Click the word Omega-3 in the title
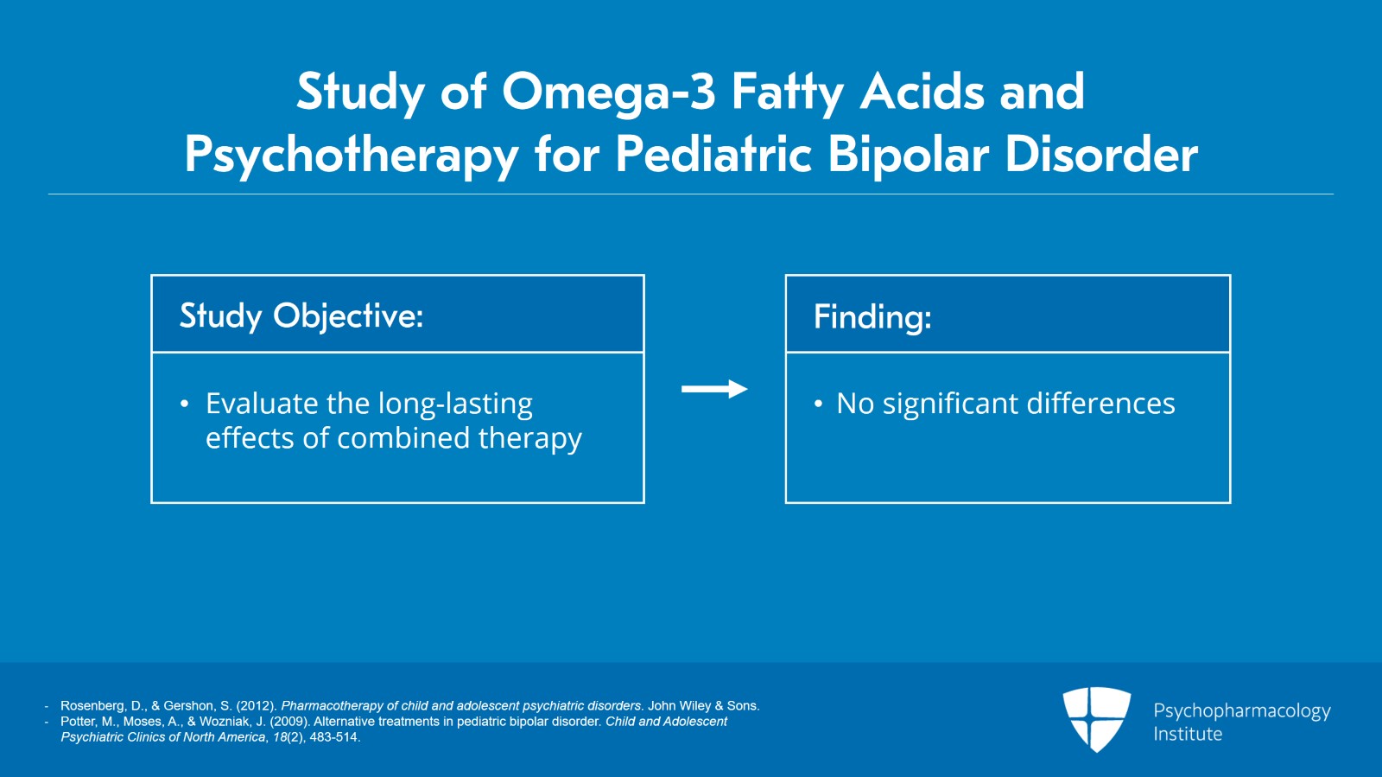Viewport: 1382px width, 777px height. click(609, 92)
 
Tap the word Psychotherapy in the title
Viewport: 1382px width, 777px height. click(351, 156)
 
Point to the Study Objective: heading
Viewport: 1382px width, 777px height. click(301, 316)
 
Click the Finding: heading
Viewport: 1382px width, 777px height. click(872, 316)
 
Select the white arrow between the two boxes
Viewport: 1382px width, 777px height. click(713, 389)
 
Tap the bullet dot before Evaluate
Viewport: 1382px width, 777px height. click(184, 404)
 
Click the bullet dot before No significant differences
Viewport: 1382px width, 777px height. click(817, 404)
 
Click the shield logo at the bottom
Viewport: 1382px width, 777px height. click(1096, 718)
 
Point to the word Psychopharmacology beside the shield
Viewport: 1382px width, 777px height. click(1241, 710)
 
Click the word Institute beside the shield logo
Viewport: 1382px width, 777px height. click(1188, 734)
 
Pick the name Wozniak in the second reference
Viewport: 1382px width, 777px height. click(226, 722)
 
